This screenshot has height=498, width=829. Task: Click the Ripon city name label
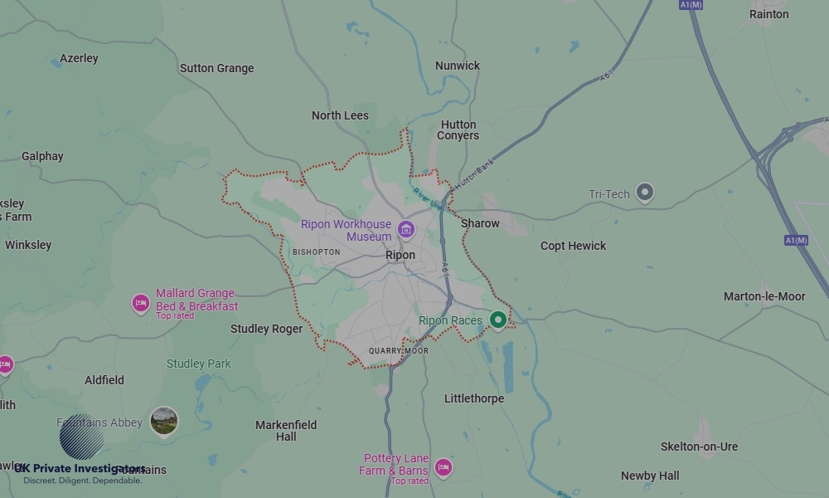point(400,256)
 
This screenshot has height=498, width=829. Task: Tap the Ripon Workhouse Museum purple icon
point(405,230)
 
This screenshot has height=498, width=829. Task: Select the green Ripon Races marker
point(497,320)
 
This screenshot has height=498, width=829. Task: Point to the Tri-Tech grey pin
point(644,193)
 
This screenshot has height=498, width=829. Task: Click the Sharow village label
point(480,223)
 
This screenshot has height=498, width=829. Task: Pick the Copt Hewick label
point(573,246)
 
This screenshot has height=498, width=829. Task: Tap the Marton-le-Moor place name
point(764,296)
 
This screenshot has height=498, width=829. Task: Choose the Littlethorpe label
point(474,398)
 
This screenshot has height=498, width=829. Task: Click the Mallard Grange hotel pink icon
point(141,304)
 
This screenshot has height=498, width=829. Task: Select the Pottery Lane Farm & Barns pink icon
point(444,468)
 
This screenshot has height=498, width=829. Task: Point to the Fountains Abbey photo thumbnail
point(164,421)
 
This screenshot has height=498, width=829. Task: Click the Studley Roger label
point(266,329)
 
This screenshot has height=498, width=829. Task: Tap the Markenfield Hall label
point(286,431)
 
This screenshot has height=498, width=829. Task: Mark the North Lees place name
point(340,115)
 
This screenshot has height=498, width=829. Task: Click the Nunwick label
point(458,66)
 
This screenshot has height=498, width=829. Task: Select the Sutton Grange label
point(217,68)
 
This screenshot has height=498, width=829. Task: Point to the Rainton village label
point(768,14)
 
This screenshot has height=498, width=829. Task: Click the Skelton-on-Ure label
point(699,447)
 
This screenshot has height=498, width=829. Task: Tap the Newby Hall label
point(650,476)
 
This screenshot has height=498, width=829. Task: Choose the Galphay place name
point(42,156)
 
